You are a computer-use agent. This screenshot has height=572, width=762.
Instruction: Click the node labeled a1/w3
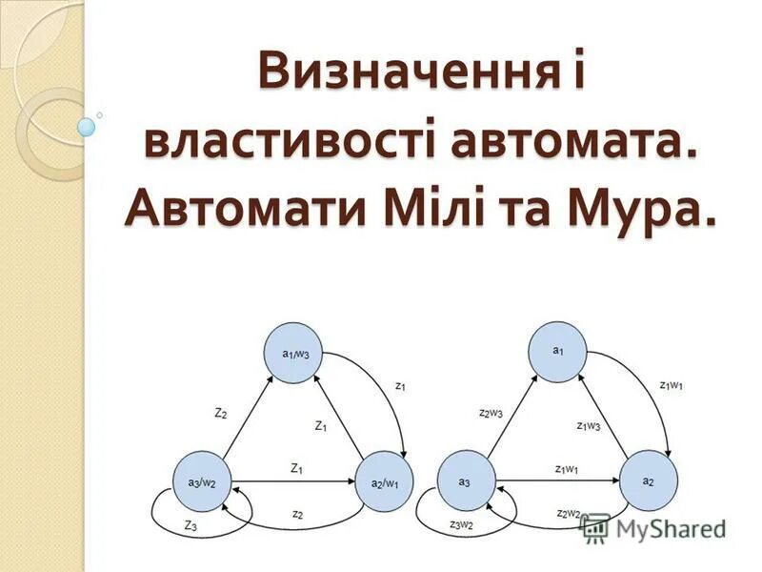(295, 354)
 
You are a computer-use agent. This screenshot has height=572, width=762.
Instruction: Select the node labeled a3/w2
(202, 481)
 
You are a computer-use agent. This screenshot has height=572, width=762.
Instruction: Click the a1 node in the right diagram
(558, 351)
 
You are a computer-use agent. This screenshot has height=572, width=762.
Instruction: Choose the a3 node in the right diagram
(465, 481)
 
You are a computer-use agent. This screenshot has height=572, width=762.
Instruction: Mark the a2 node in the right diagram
(648, 481)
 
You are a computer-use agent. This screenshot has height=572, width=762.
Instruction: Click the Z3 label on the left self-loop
(190, 525)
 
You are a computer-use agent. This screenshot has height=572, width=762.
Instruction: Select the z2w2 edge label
(569, 514)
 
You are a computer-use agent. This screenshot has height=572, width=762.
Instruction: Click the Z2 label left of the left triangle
(221, 413)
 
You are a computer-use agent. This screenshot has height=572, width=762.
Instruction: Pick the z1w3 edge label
(589, 425)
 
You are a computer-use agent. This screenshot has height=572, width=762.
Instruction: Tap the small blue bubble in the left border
(86, 126)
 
